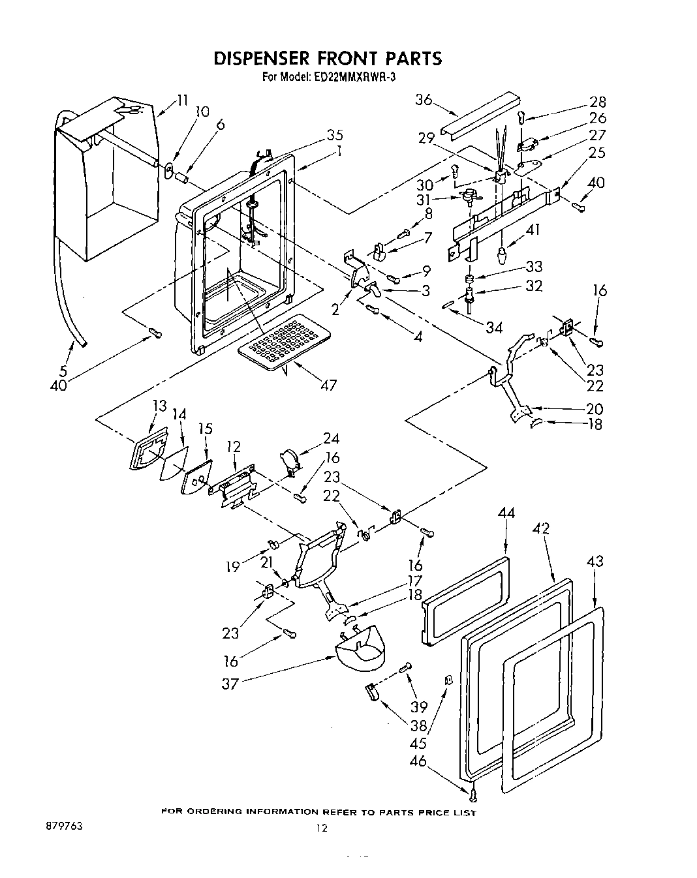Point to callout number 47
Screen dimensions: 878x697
(x=328, y=385)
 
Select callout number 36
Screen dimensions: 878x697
(x=424, y=100)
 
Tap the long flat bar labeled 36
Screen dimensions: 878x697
(x=480, y=114)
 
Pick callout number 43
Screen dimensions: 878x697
(x=595, y=561)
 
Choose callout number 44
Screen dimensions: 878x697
(x=506, y=513)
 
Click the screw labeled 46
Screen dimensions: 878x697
(x=473, y=794)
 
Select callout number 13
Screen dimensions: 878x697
(x=159, y=406)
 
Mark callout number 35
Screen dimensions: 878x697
(x=334, y=135)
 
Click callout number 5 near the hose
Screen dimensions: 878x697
(x=63, y=371)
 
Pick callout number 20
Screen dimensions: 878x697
(x=595, y=409)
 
